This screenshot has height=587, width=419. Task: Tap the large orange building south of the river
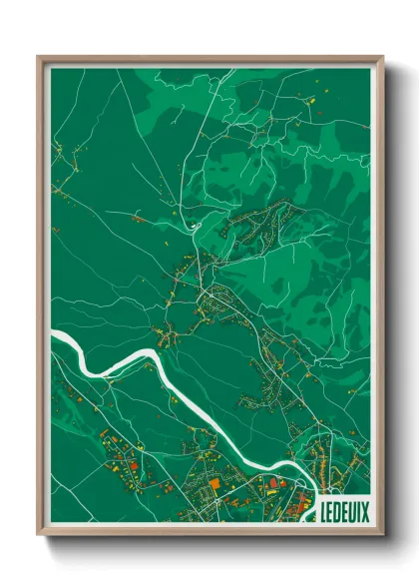tap(213, 482)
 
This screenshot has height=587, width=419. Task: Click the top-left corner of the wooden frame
tap(39, 57)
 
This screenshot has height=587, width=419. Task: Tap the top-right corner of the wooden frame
tap(382, 57)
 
